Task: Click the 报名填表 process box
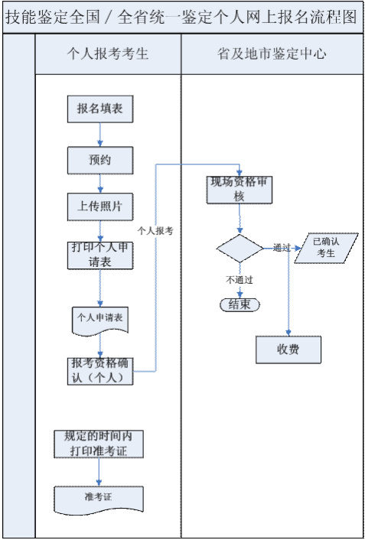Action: pyautogui.click(x=99, y=109)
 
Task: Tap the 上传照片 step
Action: pyautogui.click(x=99, y=206)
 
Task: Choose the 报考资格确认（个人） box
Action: pyautogui.click(x=99, y=370)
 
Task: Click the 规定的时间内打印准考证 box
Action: pyautogui.click(x=99, y=444)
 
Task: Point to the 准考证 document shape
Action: pyautogui.click(x=99, y=497)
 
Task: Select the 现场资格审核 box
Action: pyautogui.click(x=240, y=190)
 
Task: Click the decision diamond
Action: pyautogui.click(x=240, y=249)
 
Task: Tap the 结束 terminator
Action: pyautogui.click(x=240, y=304)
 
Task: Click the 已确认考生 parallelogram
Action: pyautogui.click(x=326, y=247)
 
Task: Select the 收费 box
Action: pyautogui.click(x=288, y=349)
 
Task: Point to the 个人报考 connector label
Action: pyautogui.click(x=155, y=229)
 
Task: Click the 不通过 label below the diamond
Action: pyautogui.click(x=239, y=279)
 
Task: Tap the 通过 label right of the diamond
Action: pyautogui.click(x=281, y=248)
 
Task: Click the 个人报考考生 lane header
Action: pyautogui.click(x=108, y=54)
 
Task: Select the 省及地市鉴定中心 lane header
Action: pyautogui.click(x=272, y=54)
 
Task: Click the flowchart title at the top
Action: pyautogui.click(x=182, y=17)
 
